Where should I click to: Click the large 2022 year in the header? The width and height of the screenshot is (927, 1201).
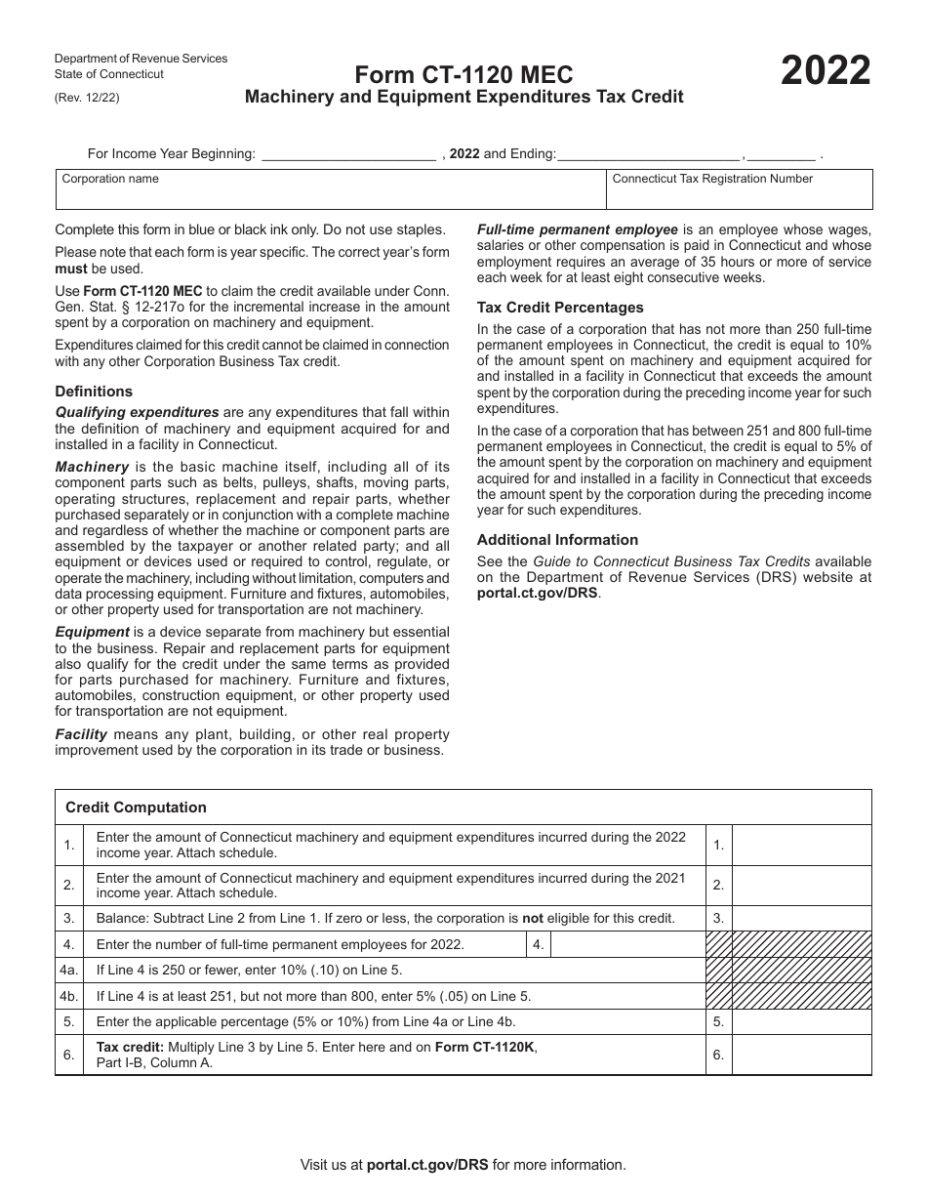pos(825,71)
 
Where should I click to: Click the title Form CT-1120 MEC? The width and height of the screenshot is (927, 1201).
pos(463,75)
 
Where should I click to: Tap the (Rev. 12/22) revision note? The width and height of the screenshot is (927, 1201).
pos(88,98)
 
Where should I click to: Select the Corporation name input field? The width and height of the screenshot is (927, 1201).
pos(330,195)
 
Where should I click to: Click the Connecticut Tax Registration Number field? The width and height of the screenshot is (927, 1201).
pos(739,195)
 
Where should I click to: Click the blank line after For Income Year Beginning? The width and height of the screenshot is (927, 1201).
pos(349,153)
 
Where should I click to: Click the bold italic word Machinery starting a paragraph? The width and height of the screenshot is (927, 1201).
pos(92,467)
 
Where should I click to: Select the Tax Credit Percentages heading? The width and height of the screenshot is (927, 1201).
pos(560,308)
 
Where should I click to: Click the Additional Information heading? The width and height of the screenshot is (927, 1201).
pos(557,540)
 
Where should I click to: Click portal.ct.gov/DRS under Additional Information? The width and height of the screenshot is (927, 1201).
pos(537,593)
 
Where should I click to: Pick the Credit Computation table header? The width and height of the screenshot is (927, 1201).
pos(136,808)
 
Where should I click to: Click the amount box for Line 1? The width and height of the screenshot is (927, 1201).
pos(800,845)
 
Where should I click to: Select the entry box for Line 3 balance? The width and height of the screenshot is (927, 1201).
pos(800,918)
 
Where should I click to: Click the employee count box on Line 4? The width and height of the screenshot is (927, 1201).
pos(626,944)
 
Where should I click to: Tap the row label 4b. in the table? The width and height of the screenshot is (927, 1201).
pos(68,996)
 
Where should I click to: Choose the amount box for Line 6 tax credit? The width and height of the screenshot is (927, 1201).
pos(800,1055)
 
